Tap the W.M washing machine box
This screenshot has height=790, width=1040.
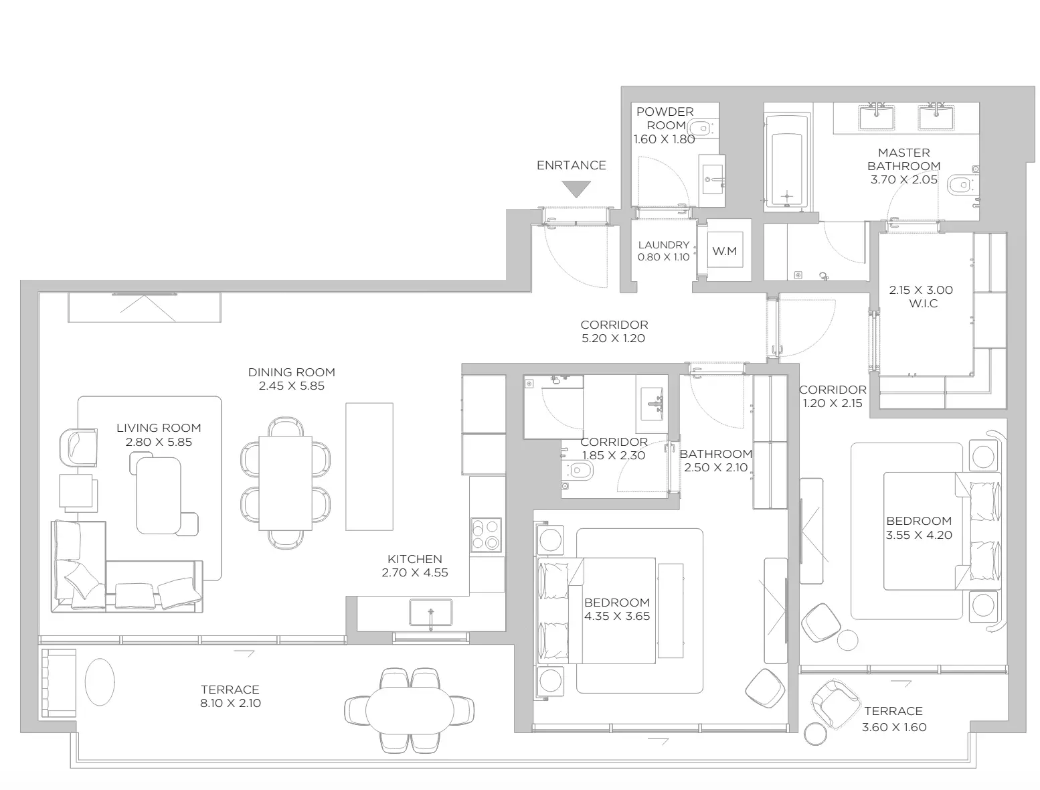coord(724,250)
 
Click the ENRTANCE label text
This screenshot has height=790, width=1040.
coord(571,165)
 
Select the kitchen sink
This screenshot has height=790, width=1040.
coord(430,612)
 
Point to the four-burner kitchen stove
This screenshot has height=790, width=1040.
coord(486,534)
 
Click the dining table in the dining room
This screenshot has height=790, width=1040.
coord(285,483)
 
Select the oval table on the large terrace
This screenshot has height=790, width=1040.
coord(410,710)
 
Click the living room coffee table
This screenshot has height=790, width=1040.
coord(158,495)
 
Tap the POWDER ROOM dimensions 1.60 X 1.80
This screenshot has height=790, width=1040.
coord(664,139)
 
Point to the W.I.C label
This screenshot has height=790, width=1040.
coord(923,303)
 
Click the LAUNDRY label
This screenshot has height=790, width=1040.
coord(663,245)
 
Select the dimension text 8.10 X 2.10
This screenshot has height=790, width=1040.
coord(230,703)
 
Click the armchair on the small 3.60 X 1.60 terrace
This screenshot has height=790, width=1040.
coord(835,704)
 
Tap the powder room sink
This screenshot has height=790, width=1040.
coord(712,179)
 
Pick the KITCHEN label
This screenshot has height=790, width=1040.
coord(414,559)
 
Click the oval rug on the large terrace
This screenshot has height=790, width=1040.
coord(100,682)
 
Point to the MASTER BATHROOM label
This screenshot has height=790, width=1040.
coord(903,159)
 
